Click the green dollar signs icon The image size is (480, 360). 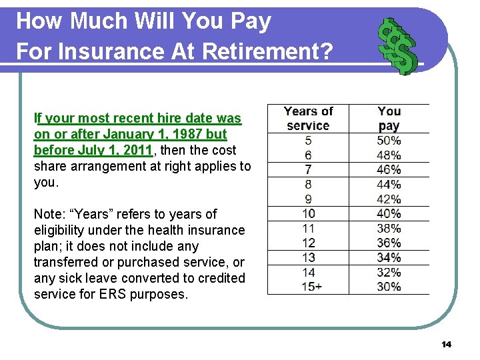397,46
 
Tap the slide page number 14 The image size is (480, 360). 446,344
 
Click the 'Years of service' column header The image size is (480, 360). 308,119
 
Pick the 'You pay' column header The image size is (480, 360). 389,119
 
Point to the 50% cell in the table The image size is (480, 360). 389,141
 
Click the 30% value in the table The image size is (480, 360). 389,287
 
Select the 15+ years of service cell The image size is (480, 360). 308,287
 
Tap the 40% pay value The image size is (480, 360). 389,214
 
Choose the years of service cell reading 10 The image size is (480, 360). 308,214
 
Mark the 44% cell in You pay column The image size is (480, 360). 389,185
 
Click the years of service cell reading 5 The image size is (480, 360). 308,141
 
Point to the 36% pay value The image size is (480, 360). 389,243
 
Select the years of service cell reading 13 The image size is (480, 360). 308,258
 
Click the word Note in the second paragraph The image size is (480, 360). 49,214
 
